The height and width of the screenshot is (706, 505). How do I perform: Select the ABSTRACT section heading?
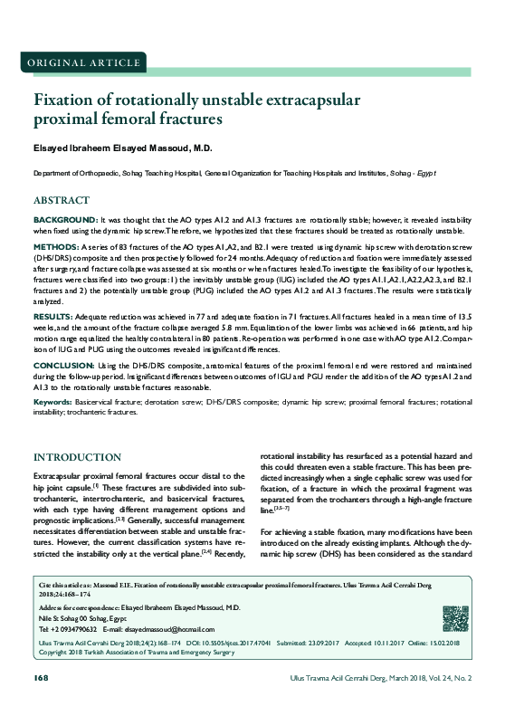(61, 199)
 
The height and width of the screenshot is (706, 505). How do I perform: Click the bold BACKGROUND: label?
(65, 220)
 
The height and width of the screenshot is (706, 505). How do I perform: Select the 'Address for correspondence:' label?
(80, 606)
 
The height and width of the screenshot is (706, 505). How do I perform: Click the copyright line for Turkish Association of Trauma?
(127, 650)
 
